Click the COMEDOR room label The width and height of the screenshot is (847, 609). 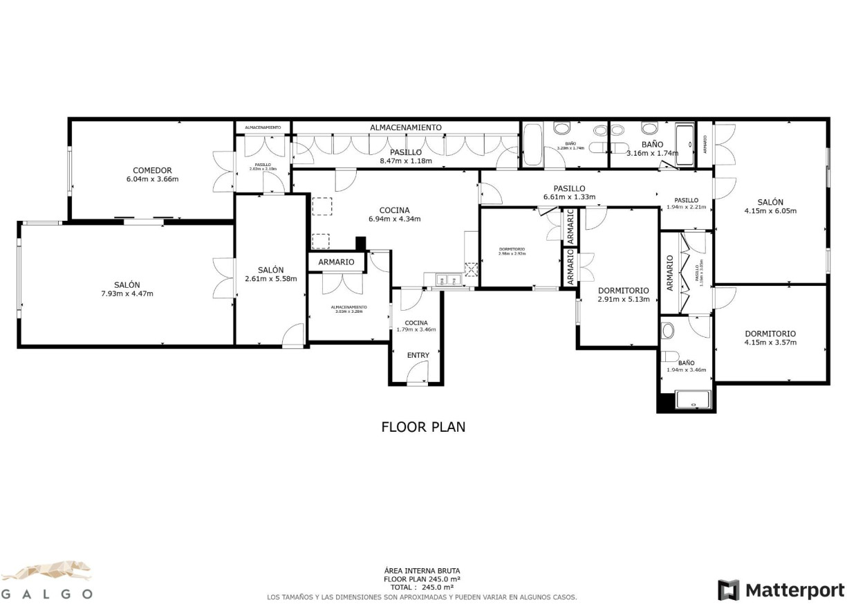click(x=152, y=170)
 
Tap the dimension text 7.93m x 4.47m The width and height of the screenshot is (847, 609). click(x=127, y=293)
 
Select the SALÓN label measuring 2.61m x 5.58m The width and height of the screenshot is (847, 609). click(x=270, y=270)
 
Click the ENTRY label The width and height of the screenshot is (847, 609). click(x=418, y=355)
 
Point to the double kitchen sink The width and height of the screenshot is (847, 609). click(x=448, y=280)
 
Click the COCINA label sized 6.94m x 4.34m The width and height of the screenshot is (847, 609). click(x=394, y=210)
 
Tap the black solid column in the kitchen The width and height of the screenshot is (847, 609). click(x=360, y=244)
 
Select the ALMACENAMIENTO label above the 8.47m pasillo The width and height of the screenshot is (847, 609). click(x=405, y=127)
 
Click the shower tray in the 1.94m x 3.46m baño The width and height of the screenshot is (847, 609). click(x=691, y=400)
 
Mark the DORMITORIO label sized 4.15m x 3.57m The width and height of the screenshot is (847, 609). click(x=770, y=333)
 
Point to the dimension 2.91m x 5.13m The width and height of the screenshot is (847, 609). click(x=623, y=300)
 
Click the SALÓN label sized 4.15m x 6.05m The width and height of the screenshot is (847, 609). click(x=770, y=202)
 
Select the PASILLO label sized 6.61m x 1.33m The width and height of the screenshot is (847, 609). click(x=569, y=188)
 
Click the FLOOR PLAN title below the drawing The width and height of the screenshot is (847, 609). click(x=423, y=427)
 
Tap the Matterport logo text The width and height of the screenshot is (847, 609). click(x=794, y=590)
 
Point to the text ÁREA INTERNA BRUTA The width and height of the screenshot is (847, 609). click(x=422, y=571)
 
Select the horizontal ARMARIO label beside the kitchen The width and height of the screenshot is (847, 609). click(x=336, y=262)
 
